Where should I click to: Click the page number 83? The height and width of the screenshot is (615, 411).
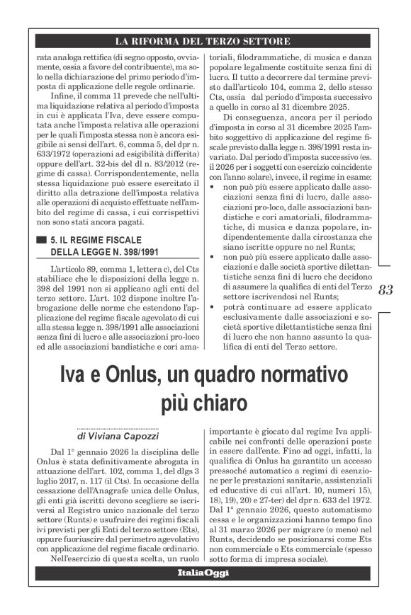point(386,289)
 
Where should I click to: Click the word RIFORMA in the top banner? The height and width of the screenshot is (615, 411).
point(161,40)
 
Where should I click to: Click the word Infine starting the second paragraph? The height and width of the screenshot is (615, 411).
point(64,100)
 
